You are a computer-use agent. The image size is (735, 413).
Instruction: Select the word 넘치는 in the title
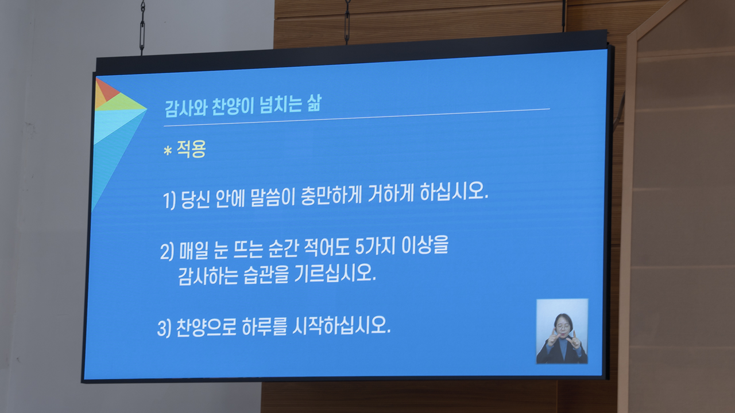click(x=281, y=104)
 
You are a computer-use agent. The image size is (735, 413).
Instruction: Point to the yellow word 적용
click(x=191, y=149)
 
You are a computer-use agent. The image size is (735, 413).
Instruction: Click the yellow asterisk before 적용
click(x=168, y=151)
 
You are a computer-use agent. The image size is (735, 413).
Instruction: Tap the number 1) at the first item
click(x=169, y=200)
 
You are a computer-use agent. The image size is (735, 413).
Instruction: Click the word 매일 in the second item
click(x=194, y=251)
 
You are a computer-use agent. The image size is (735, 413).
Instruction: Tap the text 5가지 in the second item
click(x=375, y=247)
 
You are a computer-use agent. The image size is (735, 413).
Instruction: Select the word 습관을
click(x=266, y=275)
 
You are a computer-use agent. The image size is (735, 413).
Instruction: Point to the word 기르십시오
click(x=335, y=272)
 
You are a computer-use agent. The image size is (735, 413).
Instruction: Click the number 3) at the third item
click(x=164, y=328)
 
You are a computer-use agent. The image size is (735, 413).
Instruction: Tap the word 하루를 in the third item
click(x=264, y=326)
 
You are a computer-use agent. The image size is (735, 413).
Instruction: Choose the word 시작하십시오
click(x=341, y=325)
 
